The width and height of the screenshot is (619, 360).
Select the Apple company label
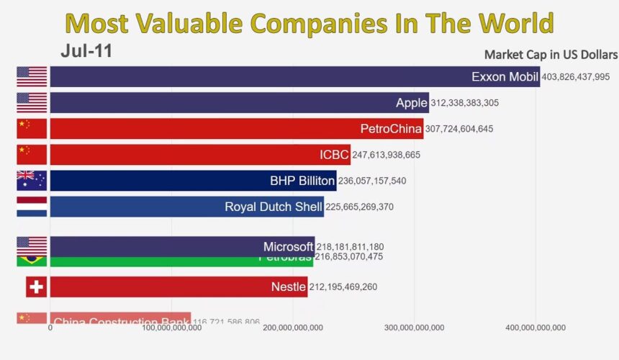coord(411,103)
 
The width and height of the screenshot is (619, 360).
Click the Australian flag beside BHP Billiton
coord(32,181)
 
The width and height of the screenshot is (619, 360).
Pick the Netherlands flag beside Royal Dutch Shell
coord(32,207)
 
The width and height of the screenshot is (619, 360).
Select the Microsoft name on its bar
coord(288,246)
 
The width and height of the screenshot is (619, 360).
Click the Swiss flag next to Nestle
coord(36,287)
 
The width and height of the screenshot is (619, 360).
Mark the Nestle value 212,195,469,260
coord(343,287)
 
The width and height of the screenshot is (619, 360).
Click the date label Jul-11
coord(86,52)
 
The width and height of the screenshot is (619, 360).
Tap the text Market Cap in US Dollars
coord(551,55)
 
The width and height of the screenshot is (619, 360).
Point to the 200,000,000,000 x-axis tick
coord(293,328)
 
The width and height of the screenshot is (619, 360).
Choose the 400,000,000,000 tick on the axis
coord(535,328)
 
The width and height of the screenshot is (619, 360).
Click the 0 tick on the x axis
coord(50,328)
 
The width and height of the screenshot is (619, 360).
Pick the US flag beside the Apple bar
coord(32,103)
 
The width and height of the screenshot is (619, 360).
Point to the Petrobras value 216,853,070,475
coord(349,256)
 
